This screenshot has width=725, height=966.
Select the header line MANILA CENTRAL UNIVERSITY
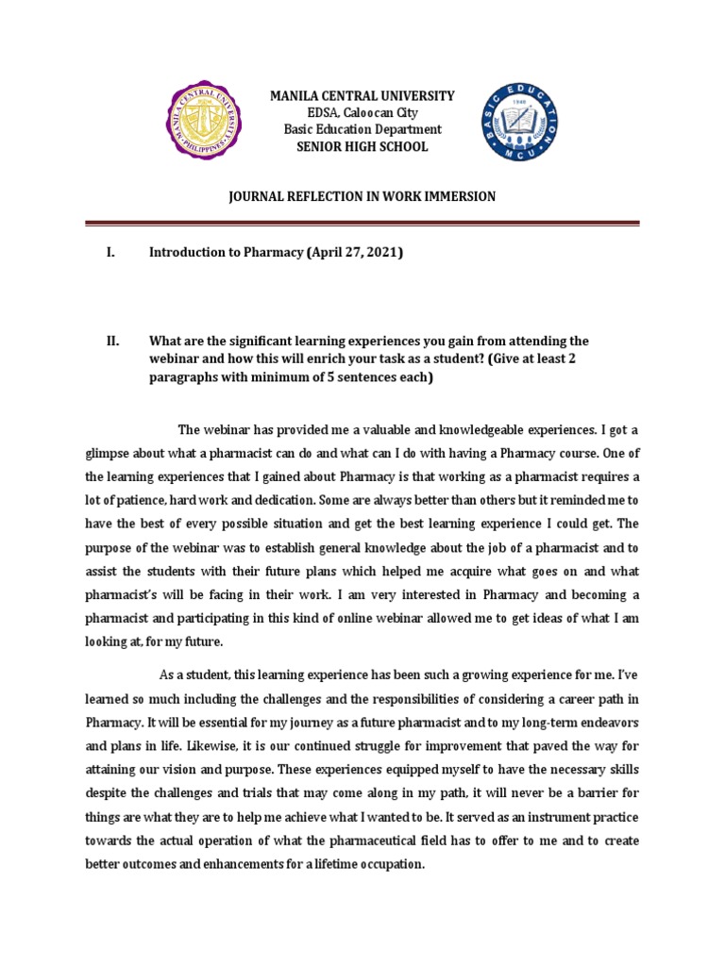(362, 96)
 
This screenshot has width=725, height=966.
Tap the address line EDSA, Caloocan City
(362, 113)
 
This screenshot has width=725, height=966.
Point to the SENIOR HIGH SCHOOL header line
(362, 146)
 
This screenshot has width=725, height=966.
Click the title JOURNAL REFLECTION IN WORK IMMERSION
(362, 196)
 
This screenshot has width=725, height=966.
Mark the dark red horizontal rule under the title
(362, 224)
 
